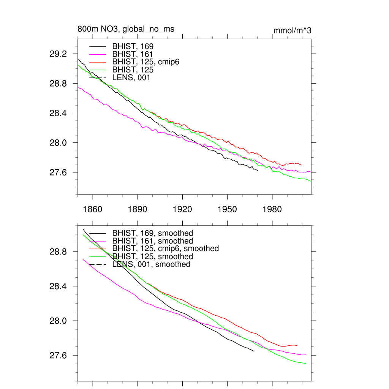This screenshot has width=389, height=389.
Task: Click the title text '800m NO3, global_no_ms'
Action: click(126, 29)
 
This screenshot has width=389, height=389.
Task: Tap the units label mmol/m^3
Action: click(292, 30)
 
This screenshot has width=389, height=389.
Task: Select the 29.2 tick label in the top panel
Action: click(58, 54)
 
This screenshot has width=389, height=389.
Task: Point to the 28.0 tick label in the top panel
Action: click(58, 143)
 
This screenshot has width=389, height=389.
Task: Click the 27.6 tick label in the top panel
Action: click(58, 172)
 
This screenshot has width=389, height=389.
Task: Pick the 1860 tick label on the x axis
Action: click(93, 210)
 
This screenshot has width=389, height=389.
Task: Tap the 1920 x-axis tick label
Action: click(182, 210)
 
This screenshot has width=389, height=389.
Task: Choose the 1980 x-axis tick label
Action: click(272, 210)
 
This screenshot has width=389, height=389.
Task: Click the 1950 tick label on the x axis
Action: click(227, 210)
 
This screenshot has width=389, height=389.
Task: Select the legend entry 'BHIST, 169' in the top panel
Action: click(133, 46)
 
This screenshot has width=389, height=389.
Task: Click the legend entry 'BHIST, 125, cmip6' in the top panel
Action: click(145, 62)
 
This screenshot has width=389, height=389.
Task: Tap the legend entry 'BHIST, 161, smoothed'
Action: click(153, 241)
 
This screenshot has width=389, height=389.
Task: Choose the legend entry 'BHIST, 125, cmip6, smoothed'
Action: click(166, 248)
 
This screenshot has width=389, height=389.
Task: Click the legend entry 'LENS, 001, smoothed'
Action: click(151, 264)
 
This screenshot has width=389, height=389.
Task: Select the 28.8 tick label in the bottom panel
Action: click(58, 252)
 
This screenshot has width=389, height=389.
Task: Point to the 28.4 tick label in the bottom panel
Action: click(58, 286)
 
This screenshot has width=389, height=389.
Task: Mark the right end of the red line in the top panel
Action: click(302, 165)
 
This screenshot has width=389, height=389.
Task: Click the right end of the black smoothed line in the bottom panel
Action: click(253, 351)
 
